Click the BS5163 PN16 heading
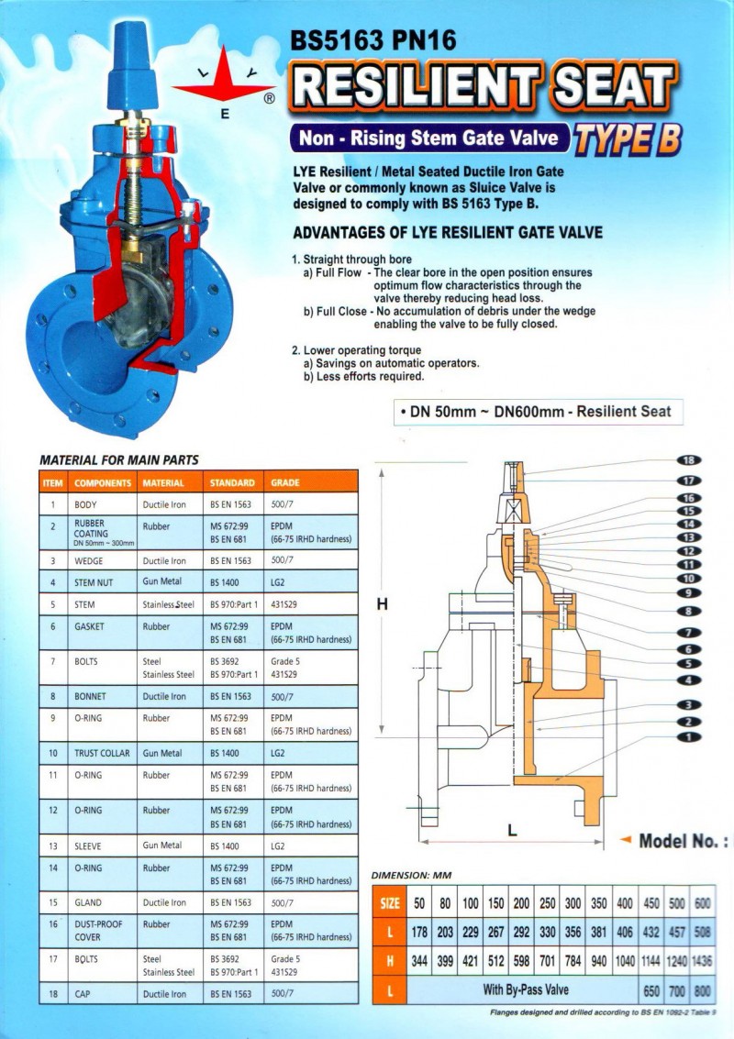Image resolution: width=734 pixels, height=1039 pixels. [x=373, y=40]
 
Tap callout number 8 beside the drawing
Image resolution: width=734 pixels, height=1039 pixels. [x=688, y=611]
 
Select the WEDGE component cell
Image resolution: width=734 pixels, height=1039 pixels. [x=92, y=560]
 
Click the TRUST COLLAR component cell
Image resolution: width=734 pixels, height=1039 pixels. [x=100, y=753]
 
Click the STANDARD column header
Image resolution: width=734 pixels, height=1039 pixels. [x=231, y=482]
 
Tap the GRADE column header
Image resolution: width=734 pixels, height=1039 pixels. [x=285, y=482]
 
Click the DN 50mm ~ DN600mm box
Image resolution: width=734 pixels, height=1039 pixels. [x=536, y=412]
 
